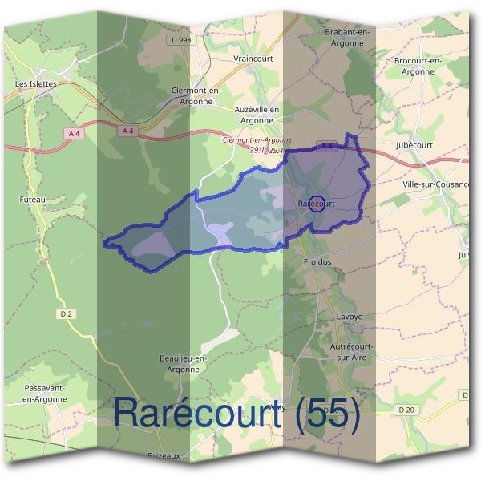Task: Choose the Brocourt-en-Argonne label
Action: click(418, 66)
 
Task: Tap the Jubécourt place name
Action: click(414, 145)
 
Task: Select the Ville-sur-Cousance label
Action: click(436, 184)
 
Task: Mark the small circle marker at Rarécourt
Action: click(316, 204)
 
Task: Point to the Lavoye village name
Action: click(350, 317)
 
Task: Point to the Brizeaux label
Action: click(164, 455)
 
